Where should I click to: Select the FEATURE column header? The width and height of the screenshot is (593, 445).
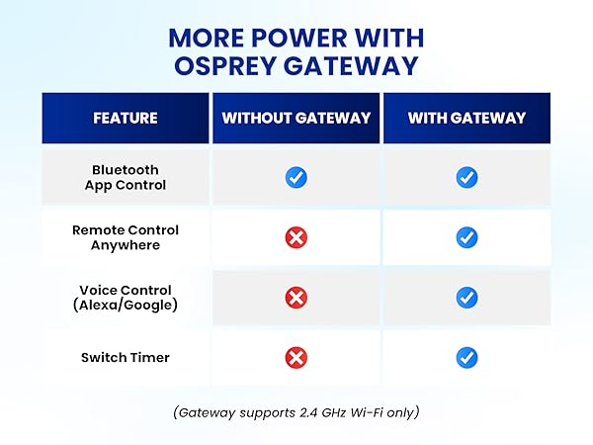(x=126, y=118)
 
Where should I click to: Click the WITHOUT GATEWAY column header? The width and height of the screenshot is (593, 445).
(x=296, y=118)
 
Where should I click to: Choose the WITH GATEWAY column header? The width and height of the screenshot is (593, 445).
(x=466, y=118)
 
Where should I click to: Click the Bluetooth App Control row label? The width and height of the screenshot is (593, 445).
(x=126, y=177)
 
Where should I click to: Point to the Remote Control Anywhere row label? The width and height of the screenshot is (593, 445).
(x=126, y=237)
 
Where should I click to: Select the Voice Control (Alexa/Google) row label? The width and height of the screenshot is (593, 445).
(x=126, y=297)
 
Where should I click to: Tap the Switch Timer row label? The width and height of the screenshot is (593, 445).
(x=126, y=356)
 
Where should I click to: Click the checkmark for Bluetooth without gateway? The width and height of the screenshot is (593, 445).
(x=296, y=177)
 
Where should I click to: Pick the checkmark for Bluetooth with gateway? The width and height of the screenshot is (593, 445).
(x=467, y=177)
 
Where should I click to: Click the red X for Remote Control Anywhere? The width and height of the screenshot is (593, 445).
(x=296, y=237)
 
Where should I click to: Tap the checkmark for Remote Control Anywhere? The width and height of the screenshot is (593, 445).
(x=467, y=237)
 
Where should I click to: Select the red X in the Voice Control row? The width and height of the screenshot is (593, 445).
(x=296, y=297)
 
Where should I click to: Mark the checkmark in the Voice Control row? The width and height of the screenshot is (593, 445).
(x=467, y=297)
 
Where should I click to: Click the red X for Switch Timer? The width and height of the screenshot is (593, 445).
(x=296, y=356)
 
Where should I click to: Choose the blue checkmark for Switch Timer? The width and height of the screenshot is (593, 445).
(x=467, y=356)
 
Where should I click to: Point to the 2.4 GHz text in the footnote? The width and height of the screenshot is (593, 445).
(x=311, y=412)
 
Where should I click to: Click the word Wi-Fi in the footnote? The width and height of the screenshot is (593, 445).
(x=365, y=412)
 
